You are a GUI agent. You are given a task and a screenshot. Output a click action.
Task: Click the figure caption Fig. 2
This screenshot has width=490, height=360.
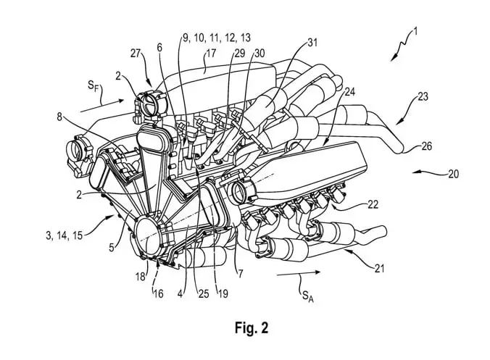point(245,328)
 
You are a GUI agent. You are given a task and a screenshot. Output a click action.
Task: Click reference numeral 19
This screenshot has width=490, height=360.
point(223,294)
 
